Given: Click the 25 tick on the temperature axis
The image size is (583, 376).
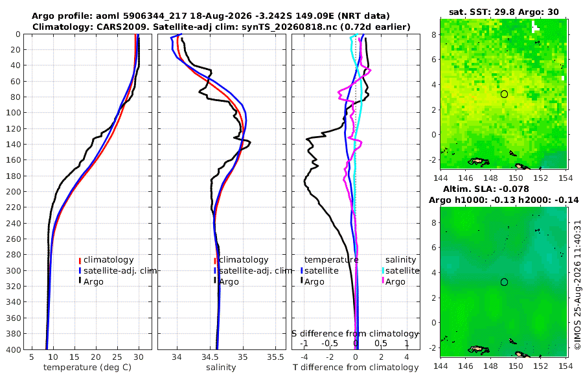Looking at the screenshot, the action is pyautogui.click(x=117, y=357).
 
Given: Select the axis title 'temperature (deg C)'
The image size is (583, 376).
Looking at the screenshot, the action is pyautogui.click(x=87, y=368).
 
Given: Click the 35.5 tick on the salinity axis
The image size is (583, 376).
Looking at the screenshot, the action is pyautogui.click(x=275, y=357).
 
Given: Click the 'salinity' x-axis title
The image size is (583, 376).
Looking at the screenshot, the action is pyautogui.click(x=221, y=368).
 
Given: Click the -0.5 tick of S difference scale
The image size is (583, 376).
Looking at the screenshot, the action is pyautogui.click(x=330, y=343).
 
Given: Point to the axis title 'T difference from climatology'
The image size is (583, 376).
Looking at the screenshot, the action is pyautogui.click(x=356, y=368).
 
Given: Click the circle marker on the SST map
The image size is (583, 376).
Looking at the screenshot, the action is pyautogui.click(x=504, y=94).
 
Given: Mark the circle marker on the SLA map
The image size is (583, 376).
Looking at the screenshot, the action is pyautogui.click(x=504, y=282).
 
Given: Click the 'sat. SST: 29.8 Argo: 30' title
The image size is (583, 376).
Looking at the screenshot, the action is pyautogui.click(x=504, y=12).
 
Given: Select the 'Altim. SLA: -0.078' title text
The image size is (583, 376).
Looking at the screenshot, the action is pyautogui.click(x=486, y=189).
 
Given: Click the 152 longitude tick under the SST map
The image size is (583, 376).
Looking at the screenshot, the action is pyautogui.click(x=541, y=178).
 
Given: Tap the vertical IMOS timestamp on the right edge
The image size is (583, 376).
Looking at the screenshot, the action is pyautogui.click(x=577, y=285).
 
